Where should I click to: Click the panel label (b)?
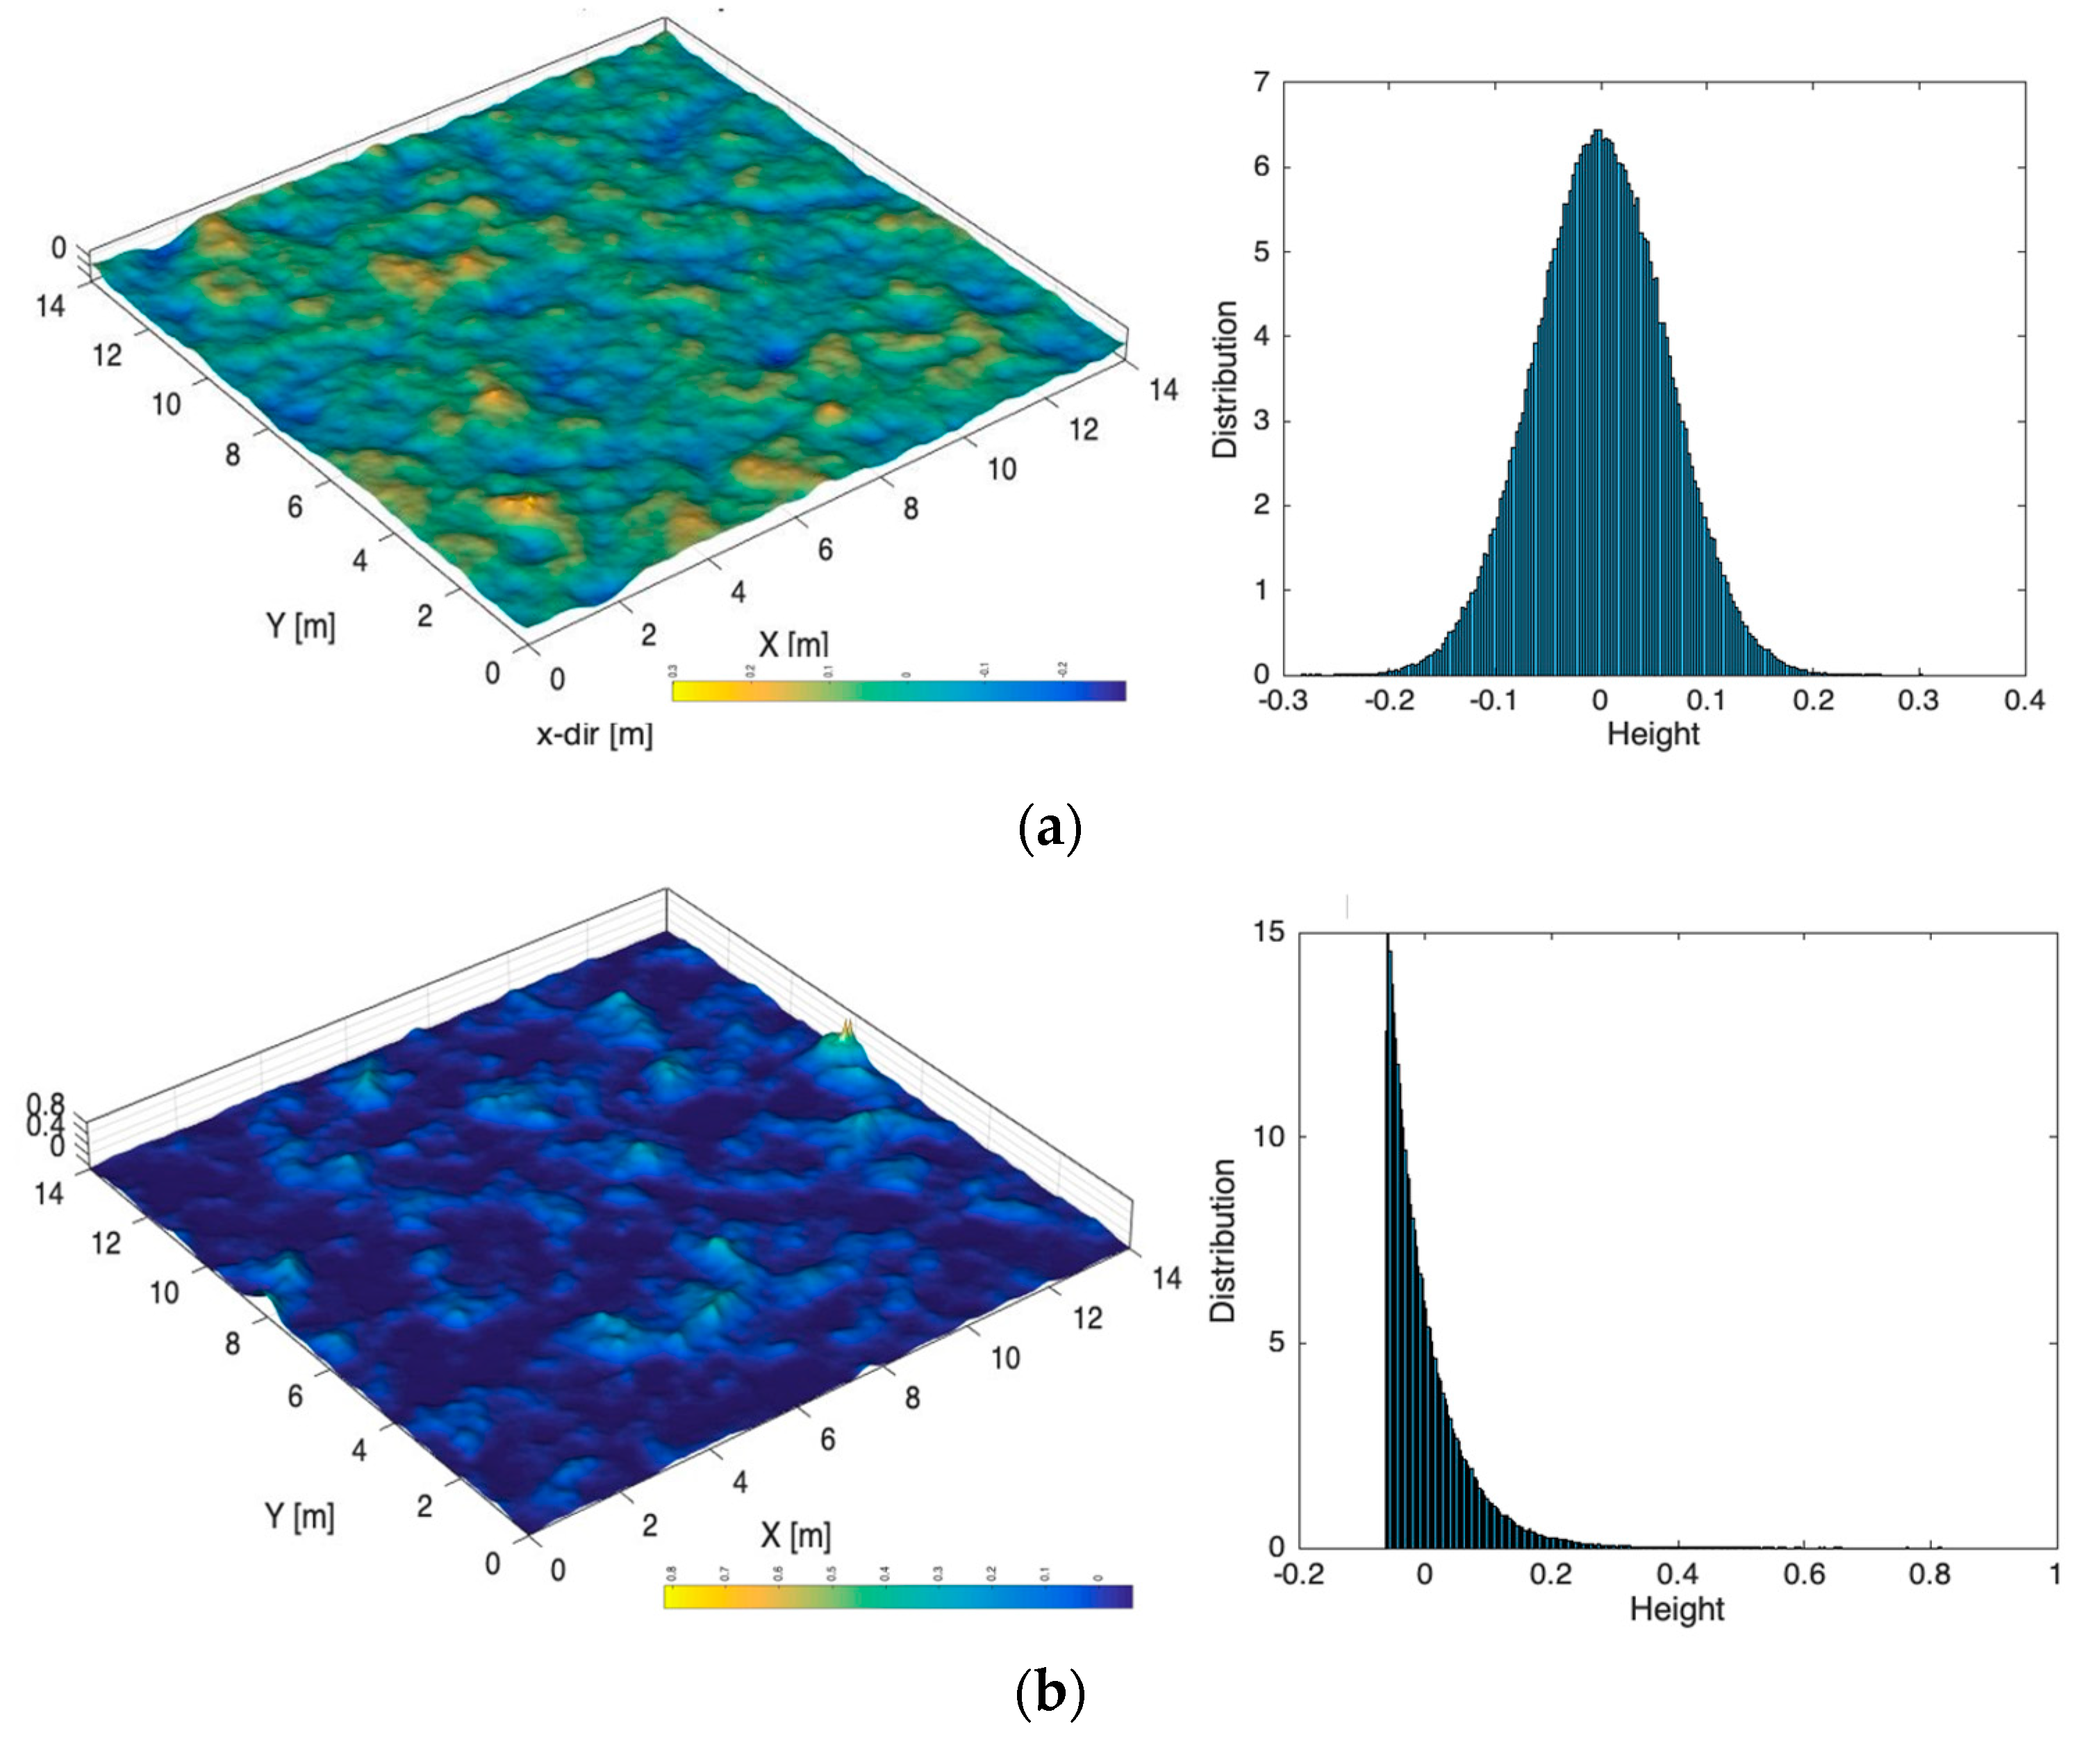coord(1049,1692)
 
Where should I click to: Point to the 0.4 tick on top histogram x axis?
coord(2024,700)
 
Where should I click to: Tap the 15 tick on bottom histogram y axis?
coord(1268,932)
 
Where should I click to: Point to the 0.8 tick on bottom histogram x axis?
coord(1929,1574)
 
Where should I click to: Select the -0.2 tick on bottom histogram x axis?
coord(1298,1574)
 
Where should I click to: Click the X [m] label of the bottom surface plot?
coord(795,1535)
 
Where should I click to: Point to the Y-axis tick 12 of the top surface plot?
coord(107,355)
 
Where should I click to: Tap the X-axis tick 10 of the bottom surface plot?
coord(1005,1358)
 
